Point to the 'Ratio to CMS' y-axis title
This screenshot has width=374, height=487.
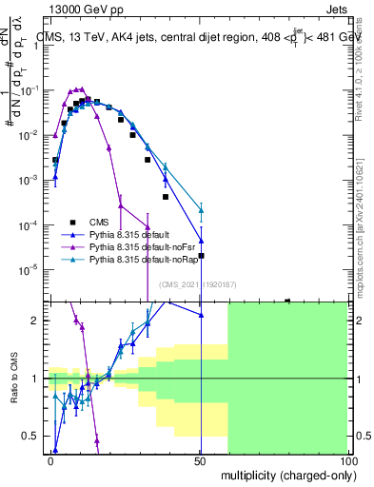[14, 378]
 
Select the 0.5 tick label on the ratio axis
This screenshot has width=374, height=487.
[32, 436]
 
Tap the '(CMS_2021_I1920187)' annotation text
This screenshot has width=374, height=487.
[197, 284]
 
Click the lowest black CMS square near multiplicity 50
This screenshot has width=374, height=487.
[201, 255]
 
